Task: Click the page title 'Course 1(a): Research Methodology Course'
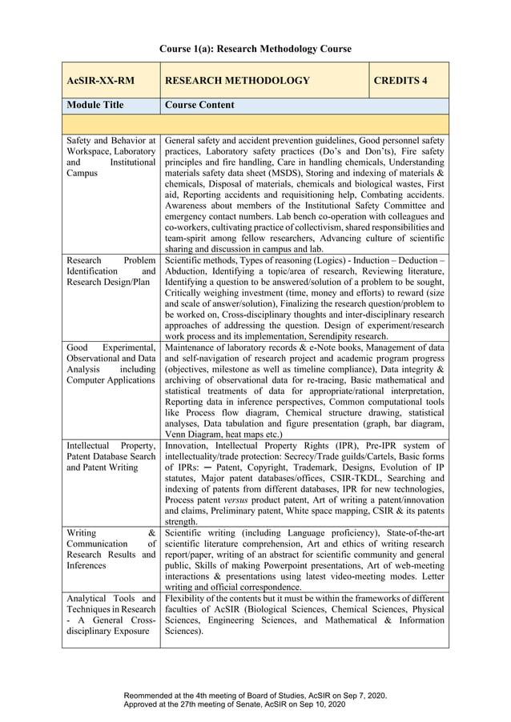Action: click(x=255, y=49)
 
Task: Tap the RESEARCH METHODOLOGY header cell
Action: click(x=236, y=81)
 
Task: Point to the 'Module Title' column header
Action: click(x=95, y=105)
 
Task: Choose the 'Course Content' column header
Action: click(x=199, y=105)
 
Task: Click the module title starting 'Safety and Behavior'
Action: click(x=111, y=157)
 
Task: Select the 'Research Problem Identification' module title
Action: click(x=111, y=271)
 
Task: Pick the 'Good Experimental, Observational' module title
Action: click(x=111, y=363)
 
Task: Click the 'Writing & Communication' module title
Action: click(x=111, y=549)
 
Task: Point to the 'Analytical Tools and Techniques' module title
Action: click(x=111, y=615)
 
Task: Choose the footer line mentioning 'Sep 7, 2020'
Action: click(x=255, y=696)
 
